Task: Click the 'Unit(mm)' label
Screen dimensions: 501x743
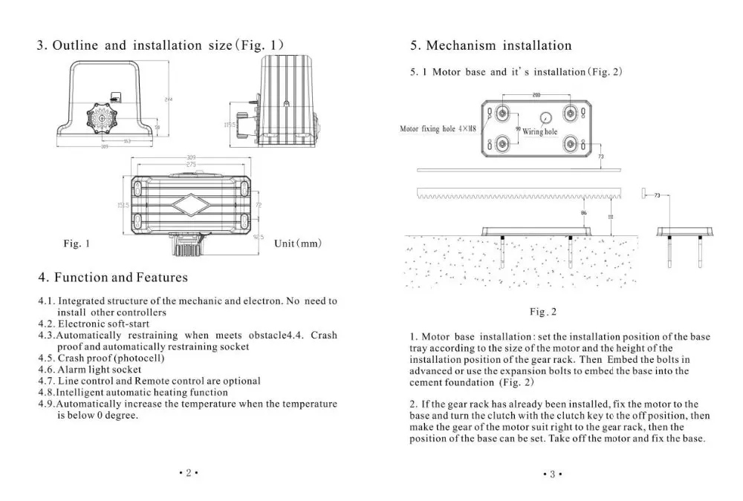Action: pyautogui.click(x=297, y=243)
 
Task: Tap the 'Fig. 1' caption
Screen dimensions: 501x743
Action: pyautogui.click(x=75, y=243)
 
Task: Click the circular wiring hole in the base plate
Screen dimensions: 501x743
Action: pyautogui.click(x=545, y=118)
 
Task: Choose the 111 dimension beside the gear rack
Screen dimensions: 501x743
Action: pyautogui.click(x=610, y=216)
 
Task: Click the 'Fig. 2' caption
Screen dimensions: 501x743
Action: pyautogui.click(x=543, y=312)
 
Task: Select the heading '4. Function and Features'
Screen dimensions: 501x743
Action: pyautogui.click(x=113, y=278)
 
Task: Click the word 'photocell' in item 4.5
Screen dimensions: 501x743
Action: pyautogui.click(x=136, y=358)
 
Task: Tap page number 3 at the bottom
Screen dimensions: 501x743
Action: pyautogui.click(x=553, y=473)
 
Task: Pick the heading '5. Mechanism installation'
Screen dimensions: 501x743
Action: pyautogui.click(x=491, y=45)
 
